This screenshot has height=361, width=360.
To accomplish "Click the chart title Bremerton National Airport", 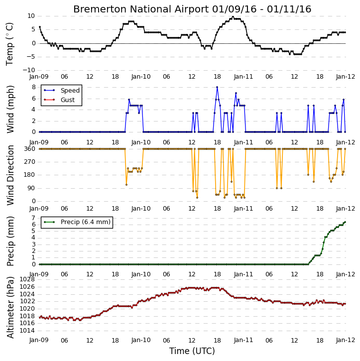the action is (x=141, y=9).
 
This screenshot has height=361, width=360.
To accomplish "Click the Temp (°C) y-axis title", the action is (x=9, y=44).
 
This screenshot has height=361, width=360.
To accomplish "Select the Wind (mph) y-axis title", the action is (x=10, y=109).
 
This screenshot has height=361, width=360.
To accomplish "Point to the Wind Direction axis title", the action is (x=10, y=175).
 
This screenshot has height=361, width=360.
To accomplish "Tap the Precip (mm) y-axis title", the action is (x=10, y=241).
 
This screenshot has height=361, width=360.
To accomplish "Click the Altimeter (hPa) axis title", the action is (x=10, y=307).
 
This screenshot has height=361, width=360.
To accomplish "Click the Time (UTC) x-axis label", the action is (x=192, y=351).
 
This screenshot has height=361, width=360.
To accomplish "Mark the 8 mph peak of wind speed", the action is (x=217, y=87).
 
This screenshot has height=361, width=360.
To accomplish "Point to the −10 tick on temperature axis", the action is (x=28, y=70).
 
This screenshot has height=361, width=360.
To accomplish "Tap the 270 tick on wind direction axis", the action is (x=30, y=162).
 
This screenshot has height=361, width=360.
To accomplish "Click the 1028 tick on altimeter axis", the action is (x=27, y=279).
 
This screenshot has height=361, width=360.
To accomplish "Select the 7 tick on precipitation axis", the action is (x=33, y=218).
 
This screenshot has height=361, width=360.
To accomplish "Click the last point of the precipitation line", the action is (x=345, y=222).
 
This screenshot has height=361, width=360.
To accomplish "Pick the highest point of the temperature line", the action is (x=233, y=16).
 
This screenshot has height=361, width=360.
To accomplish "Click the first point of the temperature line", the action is (x=40, y=27).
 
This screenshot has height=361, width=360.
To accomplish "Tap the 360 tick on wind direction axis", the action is (x=30, y=149).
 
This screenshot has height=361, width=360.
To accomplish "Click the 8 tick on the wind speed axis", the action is (x=33, y=87).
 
